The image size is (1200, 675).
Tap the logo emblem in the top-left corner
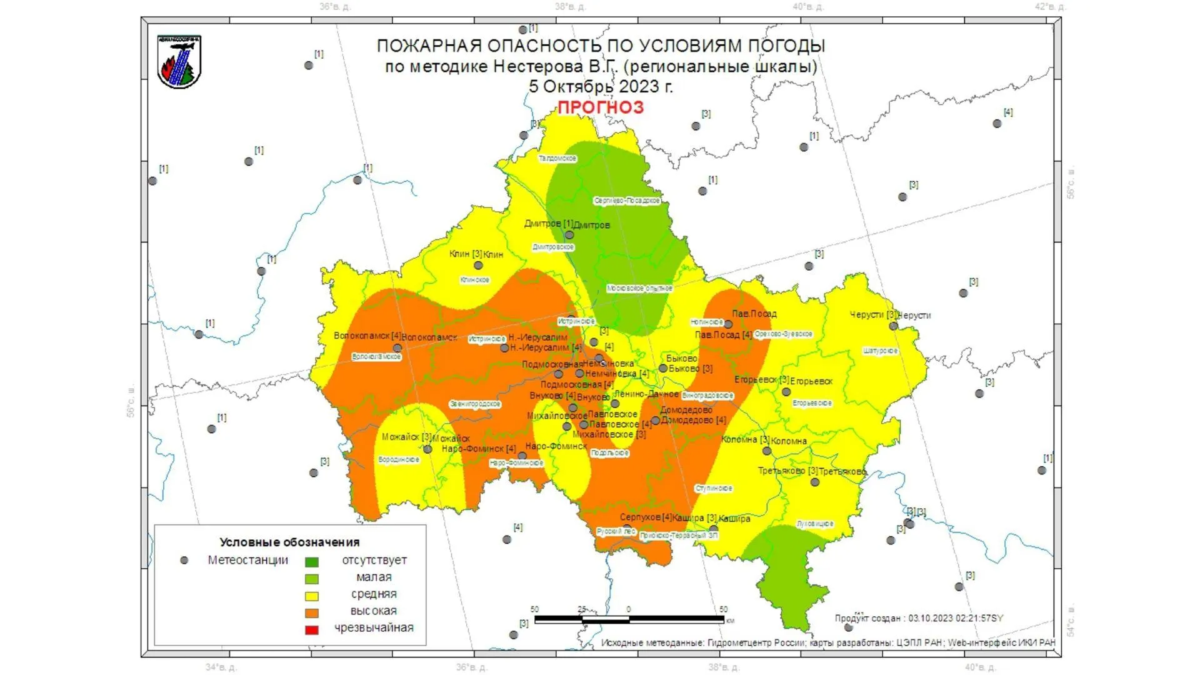click(179, 62)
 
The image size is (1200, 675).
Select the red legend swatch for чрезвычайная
click(311, 629)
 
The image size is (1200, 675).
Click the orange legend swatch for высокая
click(311, 612)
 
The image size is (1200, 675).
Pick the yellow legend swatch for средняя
click(311, 596)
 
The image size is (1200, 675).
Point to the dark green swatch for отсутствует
click(311, 562)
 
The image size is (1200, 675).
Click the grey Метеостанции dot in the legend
click(184, 561)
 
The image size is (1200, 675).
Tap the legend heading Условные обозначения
click(289, 542)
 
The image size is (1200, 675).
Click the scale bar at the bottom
click(629, 619)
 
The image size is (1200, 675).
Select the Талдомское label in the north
click(557, 159)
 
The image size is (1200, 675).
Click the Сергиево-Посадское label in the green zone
click(627, 201)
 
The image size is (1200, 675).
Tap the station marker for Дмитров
click(569, 235)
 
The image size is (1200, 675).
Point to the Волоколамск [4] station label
click(367, 336)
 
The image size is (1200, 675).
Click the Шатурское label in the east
click(881, 351)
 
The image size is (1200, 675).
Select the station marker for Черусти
click(893, 326)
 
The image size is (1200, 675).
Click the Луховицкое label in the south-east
click(815, 524)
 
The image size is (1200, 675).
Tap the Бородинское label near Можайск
click(399, 460)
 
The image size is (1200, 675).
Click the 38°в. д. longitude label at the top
click(570, 7)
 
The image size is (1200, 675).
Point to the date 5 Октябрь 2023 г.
click(601, 87)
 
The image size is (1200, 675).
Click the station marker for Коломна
click(766, 451)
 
